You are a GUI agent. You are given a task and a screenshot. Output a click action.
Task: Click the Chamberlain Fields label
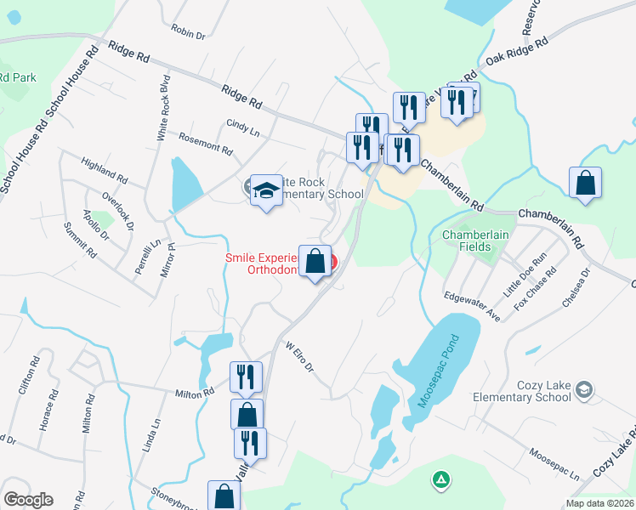(x=473, y=241)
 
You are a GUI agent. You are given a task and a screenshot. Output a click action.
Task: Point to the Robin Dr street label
(x=189, y=32)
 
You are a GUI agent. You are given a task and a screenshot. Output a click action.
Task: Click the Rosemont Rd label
(x=205, y=142)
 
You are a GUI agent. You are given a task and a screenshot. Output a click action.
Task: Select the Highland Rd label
(x=104, y=170)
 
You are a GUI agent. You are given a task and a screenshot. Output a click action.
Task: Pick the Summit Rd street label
(x=80, y=241)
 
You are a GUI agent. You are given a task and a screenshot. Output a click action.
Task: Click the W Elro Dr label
(x=300, y=358)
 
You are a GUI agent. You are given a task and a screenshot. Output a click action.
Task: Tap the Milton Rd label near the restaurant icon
(x=195, y=393)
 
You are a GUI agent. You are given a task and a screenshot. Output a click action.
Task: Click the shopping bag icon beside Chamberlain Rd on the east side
(x=585, y=184)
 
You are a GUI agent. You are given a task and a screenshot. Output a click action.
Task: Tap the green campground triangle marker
(x=440, y=480)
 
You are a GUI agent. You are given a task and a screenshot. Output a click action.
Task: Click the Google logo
(x=28, y=500)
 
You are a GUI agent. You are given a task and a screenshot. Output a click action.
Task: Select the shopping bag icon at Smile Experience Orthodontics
(x=315, y=262)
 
